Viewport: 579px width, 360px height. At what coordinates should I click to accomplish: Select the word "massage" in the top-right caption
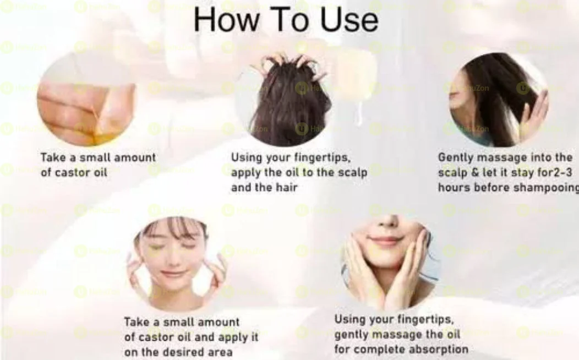(x=495, y=157)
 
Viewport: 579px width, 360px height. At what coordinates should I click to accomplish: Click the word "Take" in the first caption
(x=53, y=157)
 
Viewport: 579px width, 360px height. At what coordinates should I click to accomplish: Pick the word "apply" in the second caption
(x=247, y=172)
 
